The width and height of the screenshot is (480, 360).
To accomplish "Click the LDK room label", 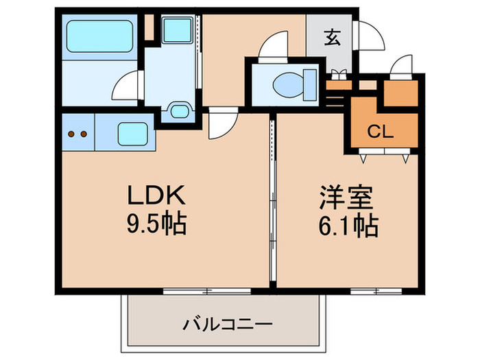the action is coord(156,195).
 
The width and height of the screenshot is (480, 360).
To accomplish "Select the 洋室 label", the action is coord(346,197).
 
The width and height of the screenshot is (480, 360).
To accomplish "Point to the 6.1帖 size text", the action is coord(348,226).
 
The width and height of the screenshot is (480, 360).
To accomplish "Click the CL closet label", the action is coord(380,132).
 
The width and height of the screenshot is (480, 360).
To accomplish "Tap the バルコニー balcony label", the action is coord(227,324).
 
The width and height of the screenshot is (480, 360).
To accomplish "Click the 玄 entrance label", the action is coord(333,37).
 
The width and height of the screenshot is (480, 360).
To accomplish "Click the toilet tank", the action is coord(310,85).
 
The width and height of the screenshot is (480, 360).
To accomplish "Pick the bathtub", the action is coord(99,36).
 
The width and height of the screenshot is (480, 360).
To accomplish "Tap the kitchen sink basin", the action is coord(132,134).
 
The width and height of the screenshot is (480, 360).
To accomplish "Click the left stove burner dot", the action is coord(71,134).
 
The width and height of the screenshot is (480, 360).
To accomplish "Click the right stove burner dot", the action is coord(84,134).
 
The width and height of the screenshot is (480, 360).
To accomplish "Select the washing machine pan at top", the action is coord(177,29).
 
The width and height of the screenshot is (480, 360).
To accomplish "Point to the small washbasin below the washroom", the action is coord(179,110).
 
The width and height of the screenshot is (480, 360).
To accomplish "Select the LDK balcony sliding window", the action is coord(207,291).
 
